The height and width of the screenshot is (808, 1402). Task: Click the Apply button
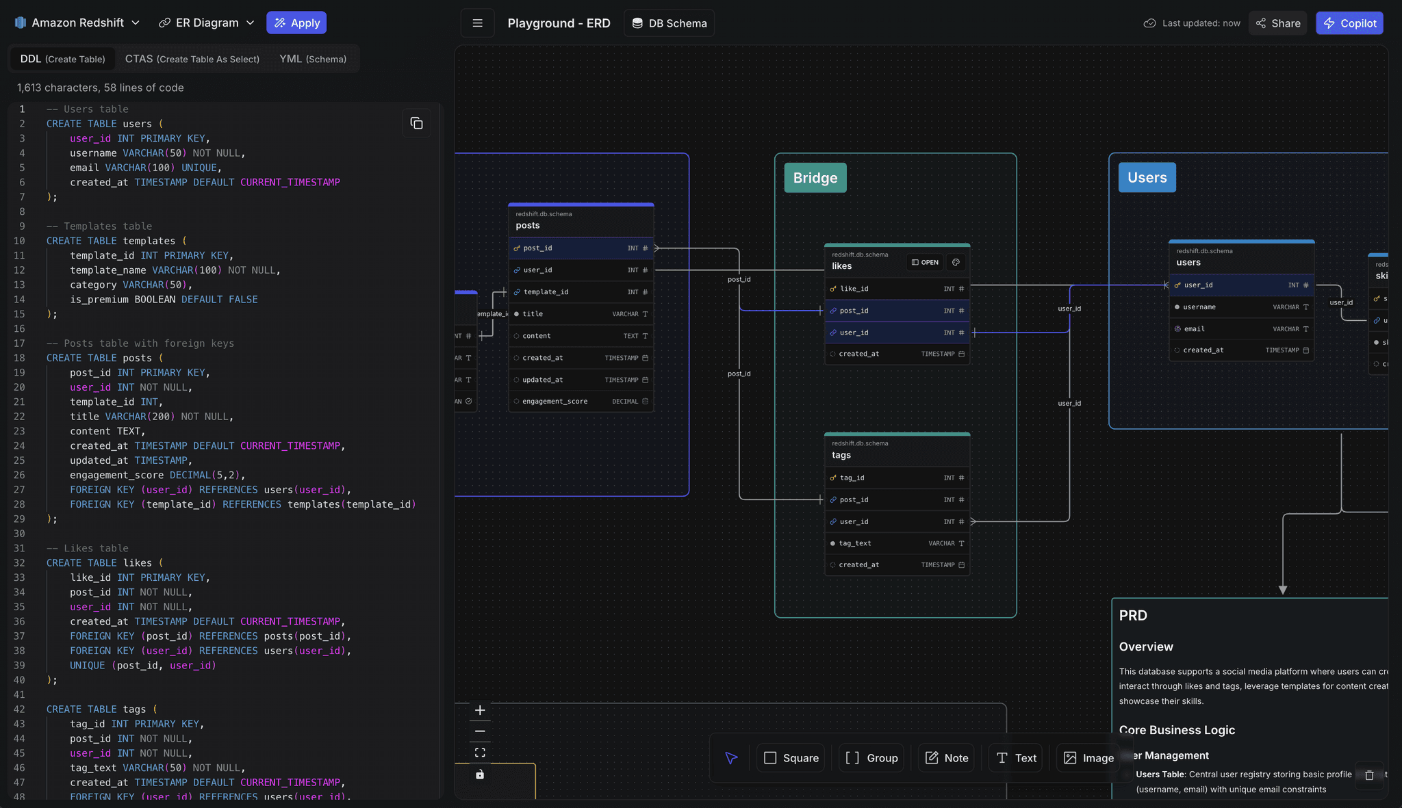tap(296, 23)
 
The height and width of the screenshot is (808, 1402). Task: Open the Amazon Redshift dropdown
tap(77, 23)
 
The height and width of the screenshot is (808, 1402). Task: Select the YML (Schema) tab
tap(313, 59)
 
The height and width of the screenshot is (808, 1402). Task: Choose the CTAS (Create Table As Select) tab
tap(192, 59)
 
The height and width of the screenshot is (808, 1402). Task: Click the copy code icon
tap(416, 123)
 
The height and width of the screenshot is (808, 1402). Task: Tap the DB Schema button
tap(669, 23)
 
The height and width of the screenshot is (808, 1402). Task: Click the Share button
tap(1278, 23)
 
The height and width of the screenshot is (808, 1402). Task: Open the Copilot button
tap(1349, 23)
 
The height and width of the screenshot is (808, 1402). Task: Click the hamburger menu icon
tap(478, 23)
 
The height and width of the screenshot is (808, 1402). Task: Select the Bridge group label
tap(815, 178)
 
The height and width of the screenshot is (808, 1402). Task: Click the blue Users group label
tap(1147, 178)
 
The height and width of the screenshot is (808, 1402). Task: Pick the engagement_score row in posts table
tap(581, 402)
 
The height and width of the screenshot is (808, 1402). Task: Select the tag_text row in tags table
tap(897, 543)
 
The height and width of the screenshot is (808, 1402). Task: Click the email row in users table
tap(1241, 329)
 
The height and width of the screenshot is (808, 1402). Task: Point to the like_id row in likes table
tap(897, 289)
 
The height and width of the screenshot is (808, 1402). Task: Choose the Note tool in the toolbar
tap(947, 758)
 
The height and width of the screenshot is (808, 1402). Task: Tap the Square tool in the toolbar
tap(791, 758)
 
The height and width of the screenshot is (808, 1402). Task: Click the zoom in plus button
tap(480, 710)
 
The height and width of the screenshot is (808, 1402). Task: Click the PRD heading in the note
tap(1133, 615)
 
